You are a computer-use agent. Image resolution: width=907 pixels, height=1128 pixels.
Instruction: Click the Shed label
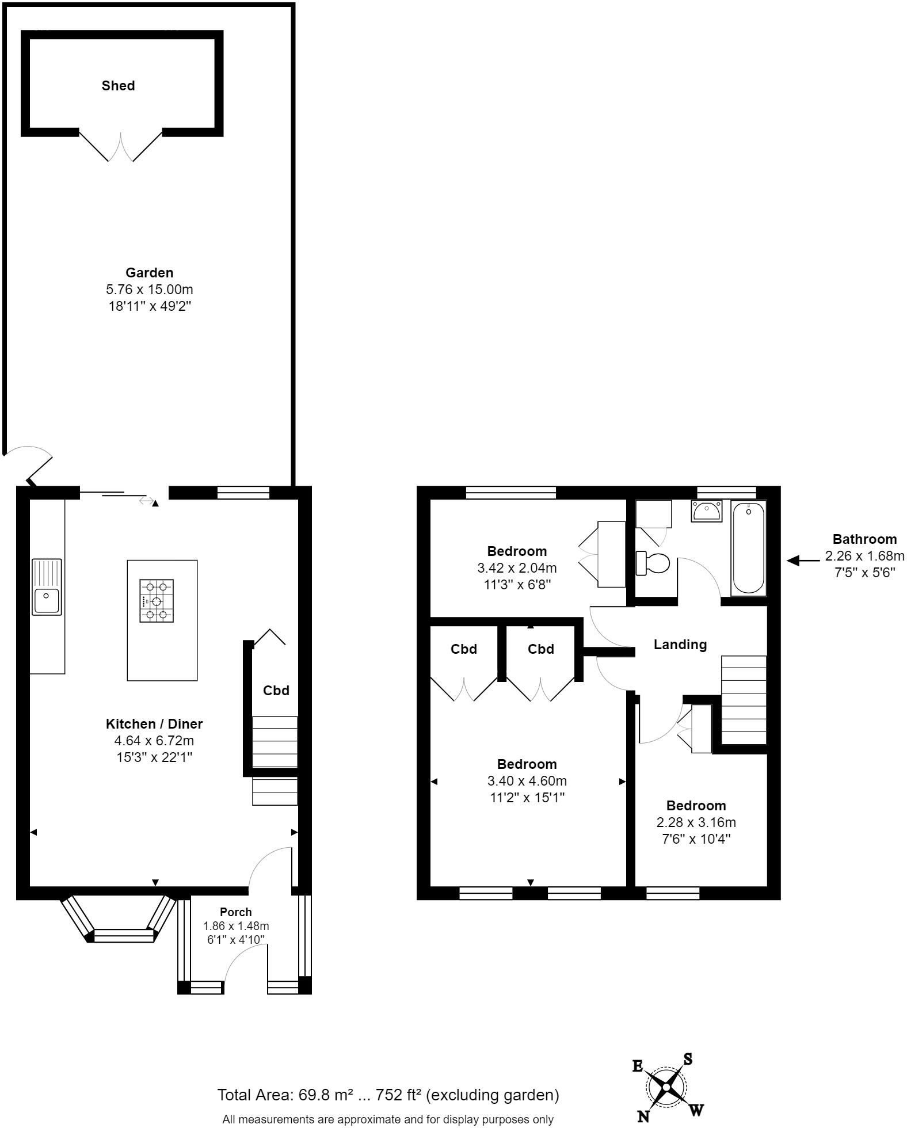[x=118, y=86]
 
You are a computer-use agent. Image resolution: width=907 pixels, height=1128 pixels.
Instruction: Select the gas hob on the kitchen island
[x=157, y=601]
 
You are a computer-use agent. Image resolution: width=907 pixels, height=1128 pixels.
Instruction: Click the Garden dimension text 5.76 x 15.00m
[x=150, y=289]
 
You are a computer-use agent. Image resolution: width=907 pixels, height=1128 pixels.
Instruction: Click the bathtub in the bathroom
[x=748, y=548]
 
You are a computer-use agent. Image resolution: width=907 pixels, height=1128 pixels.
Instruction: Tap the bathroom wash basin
[x=706, y=510]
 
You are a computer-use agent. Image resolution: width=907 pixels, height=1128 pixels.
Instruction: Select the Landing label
[x=680, y=645]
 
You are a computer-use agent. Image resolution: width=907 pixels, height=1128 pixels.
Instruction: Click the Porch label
[x=236, y=912]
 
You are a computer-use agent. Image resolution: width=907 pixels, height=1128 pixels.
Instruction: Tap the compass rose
[x=666, y=1087]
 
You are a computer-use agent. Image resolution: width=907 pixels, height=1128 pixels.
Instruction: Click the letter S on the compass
[x=687, y=1059]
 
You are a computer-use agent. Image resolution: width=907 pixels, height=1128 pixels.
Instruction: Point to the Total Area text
[x=388, y=1095]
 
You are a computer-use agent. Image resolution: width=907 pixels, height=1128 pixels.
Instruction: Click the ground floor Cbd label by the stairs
[x=276, y=690]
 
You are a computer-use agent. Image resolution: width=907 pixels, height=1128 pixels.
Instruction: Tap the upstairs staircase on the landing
[x=744, y=700]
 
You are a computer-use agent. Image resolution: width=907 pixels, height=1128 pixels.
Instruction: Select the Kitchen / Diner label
[x=154, y=724]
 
